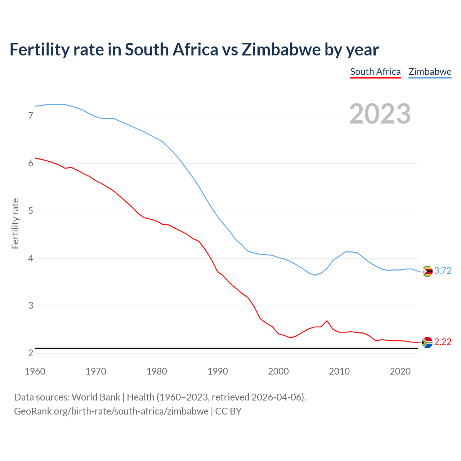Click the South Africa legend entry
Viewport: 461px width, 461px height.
pyautogui.click(x=375, y=72)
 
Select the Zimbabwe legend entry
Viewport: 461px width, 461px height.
pyautogui.click(x=430, y=72)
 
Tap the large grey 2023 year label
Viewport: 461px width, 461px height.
pyautogui.click(x=380, y=114)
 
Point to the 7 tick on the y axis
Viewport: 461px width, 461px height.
pyautogui.click(x=31, y=116)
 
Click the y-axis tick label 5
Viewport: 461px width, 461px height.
pyautogui.click(x=31, y=211)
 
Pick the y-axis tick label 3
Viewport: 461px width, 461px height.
pyautogui.click(x=31, y=306)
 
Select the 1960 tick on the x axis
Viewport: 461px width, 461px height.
pyautogui.click(x=35, y=371)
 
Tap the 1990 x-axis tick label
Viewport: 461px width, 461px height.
pyautogui.click(x=218, y=371)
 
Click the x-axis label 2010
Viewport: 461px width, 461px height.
pyautogui.click(x=339, y=371)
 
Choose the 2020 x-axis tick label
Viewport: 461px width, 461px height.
pyautogui.click(x=400, y=371)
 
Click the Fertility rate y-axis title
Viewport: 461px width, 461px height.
pyautogui.click(x=15, y=223)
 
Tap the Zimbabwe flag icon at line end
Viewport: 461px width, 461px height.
pyautogui.click(x=427, y=271)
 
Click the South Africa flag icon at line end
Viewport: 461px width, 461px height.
pyautogui.click(x=427, y=342)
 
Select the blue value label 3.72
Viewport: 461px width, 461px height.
pyautogui.click(x=443, y=271)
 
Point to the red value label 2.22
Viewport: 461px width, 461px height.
pyautogui.click(x=443, y=342)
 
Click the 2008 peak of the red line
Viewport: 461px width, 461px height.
pyautogui.click(x=327, y=321)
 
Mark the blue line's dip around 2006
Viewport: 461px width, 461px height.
pyautogui.click(x=315, y=275)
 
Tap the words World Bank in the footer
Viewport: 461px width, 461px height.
pyautogui.click(x=96, y=397)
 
